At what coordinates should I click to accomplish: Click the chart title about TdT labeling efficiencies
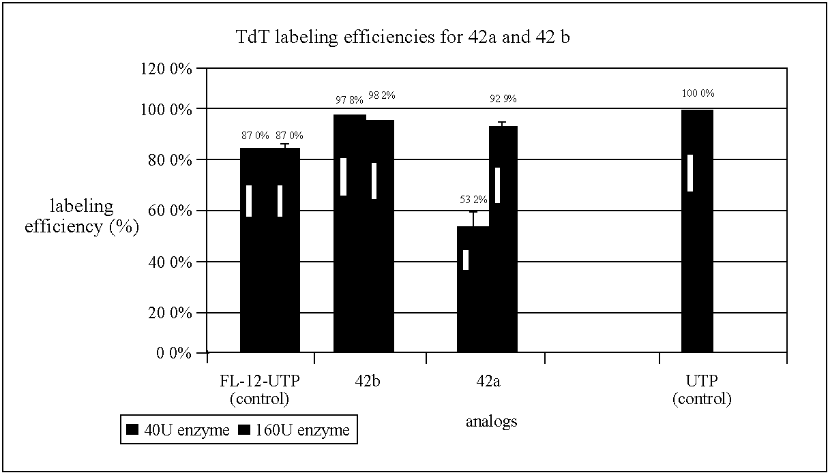tap(402, 37)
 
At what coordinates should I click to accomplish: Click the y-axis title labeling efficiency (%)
tap(82, 217)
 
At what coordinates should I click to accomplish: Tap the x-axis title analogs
tap(491, 421)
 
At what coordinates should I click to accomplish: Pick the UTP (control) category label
tap(701, 389)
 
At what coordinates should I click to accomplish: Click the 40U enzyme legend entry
tap(178, 430)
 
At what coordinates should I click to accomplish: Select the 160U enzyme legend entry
tap(295, 430)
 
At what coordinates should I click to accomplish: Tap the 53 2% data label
tap(473, 200)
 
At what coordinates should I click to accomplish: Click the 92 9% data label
tap(503, 99)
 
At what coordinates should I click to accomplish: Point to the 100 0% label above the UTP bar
tap(698, 93)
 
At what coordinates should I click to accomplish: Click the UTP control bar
tap(697, 232)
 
